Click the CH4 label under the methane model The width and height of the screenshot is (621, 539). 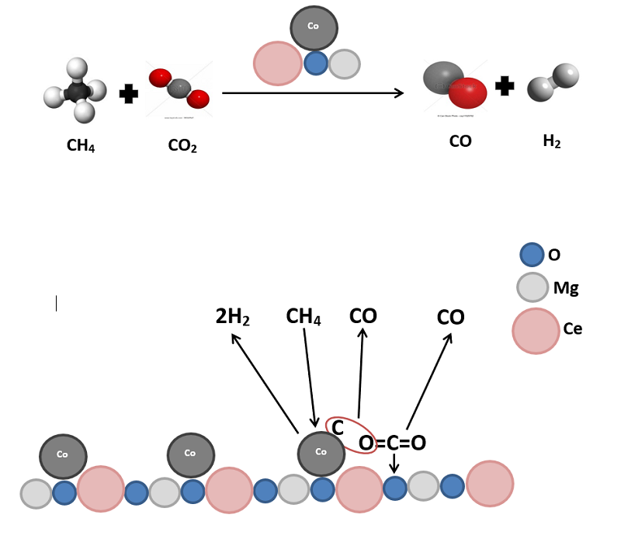[x=81, y=145]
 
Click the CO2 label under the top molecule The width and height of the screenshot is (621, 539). [x=182, y=145]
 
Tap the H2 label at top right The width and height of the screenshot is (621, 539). [x=552, y=141]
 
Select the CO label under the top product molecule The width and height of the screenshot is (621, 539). [x=460, y=141]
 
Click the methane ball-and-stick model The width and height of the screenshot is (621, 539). [x=76, y=92]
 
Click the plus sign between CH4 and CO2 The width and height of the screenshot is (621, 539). [x=129, y=94]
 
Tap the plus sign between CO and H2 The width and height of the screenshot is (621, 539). [x=505, y=86]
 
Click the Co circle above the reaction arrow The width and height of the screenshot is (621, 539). [x=314, y=27]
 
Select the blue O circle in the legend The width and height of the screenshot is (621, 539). [x=532, y=255]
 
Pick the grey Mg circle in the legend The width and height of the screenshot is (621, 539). [x=533, y=287]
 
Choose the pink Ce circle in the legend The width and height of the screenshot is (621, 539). [x=536, y=331]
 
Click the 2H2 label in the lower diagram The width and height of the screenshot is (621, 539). [x=232, y=317]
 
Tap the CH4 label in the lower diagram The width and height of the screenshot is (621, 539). [x=304, y=317]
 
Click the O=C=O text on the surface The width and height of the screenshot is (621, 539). [x=392, y=443]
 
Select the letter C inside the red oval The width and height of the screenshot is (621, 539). [x=338, y=427]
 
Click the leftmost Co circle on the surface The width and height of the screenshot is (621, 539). [x=64, y=456]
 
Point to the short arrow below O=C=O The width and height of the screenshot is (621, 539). [x=394, y=464]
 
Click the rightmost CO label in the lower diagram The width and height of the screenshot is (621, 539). [x=450, y=318]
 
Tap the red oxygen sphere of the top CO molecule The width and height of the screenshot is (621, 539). [x=467, y=92]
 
